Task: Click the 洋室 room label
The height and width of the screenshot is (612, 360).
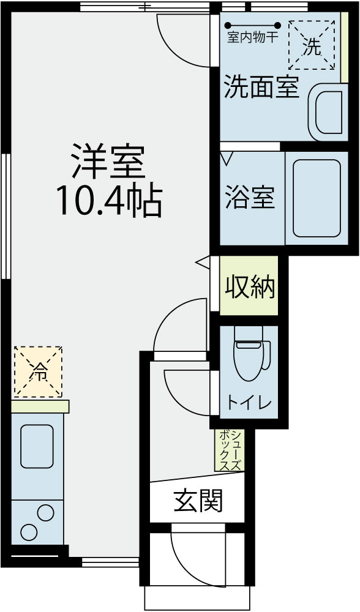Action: click(108, 162)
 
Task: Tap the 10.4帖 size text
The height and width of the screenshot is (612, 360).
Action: click(110, 201)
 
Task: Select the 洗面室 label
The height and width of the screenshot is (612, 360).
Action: click(261, 86)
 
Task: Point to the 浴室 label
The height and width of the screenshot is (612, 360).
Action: click(250, 198)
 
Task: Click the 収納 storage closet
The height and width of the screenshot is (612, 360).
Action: click(249, 286)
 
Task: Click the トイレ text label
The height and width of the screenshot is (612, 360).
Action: click(249, 403)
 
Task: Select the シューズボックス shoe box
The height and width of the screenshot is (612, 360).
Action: click(230, 450)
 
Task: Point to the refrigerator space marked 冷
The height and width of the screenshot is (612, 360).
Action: click(38, 371)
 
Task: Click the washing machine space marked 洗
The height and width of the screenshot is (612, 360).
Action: click(312, 45)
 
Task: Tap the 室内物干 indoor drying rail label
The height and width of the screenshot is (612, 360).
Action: click(253, 37)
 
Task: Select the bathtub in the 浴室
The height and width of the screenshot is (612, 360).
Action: click(317, 198)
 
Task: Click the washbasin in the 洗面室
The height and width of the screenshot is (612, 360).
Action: click(328, 113)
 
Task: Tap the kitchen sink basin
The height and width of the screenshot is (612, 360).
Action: click(37, 447)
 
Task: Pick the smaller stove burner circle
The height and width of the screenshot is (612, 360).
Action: click(45, 512)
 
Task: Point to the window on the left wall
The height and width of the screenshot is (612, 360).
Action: click(6, 216)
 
